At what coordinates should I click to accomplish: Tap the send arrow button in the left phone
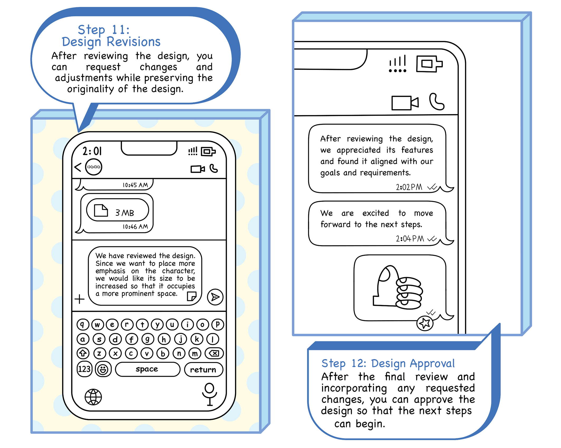tap(215, 297)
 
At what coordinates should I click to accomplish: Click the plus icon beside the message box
tap(79, 299)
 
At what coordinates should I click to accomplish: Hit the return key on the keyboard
tap(203, 369)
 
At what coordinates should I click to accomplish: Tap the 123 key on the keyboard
tap(84, 369)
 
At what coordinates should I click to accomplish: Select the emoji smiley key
tap(103, 369)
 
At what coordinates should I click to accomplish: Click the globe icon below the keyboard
tap(93, 397)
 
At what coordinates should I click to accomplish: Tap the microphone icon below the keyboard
tap(210, 394)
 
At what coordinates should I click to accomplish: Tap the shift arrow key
tap(83, 353)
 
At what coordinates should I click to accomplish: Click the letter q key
tap(83, 324)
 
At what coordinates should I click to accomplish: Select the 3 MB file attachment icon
tap(101, 210)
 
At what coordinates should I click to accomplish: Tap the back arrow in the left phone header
tap(78, 167)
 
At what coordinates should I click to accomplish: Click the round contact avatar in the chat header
tap(94, 167)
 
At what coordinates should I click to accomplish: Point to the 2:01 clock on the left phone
tap(92, 151)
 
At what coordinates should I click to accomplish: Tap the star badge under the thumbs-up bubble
tap(425, 323)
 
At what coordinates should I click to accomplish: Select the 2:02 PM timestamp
tap(409, 187)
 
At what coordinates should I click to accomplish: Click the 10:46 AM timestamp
tap(135, 226)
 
